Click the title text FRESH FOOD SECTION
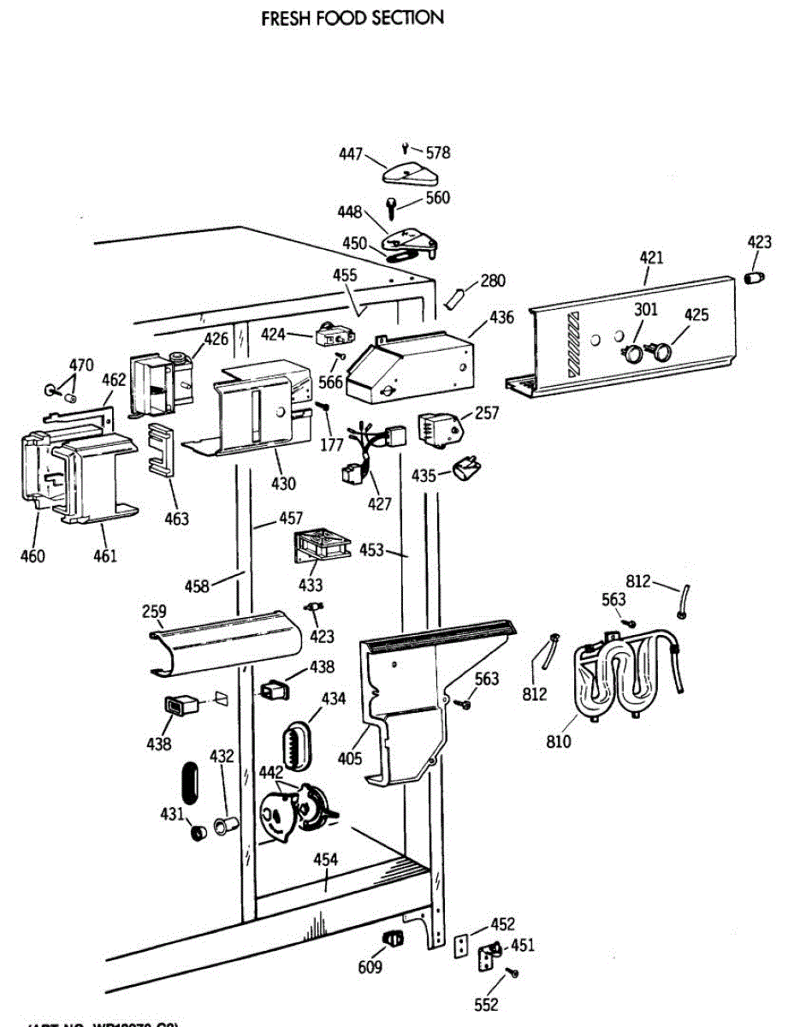tap(353, 17)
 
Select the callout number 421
tap(651, 258)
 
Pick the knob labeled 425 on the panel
tap(661, 348)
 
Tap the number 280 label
tap(493, 281)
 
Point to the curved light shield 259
tap(226, 640)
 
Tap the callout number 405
tap(350, 758)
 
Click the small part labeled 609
tap(392, 937)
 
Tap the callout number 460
tap(33, 556)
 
